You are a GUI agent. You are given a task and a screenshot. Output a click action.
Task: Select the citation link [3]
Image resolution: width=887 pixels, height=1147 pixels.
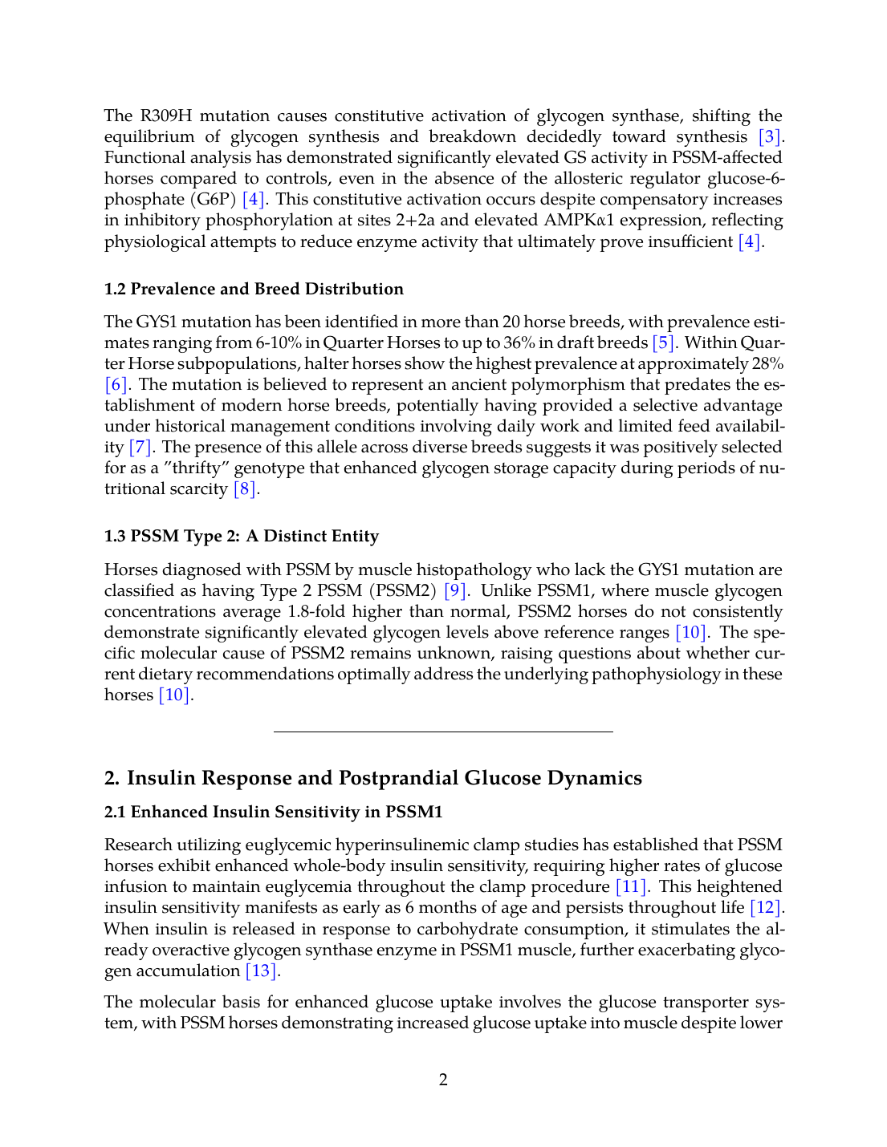tap(769, 137)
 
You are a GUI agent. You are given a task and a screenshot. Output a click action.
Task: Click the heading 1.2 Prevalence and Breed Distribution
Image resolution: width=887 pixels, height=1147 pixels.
tap(254, 290)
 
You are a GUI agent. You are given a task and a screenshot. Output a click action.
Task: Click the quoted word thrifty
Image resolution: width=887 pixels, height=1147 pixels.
tap(197, 468)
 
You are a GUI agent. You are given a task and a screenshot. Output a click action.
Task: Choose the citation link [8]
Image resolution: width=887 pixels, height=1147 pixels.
tap(245, 489)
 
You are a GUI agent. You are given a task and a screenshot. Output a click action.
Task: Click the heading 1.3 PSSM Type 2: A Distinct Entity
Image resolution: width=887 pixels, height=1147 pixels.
tap(242, 537)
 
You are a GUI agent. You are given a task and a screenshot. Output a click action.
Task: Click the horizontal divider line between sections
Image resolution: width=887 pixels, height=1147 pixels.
tap(443, 732)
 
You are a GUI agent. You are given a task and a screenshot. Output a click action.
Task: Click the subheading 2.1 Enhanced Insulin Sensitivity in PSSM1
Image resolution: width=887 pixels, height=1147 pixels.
tap(274, 813)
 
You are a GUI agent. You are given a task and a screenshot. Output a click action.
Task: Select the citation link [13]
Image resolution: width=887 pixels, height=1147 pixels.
tap(261, 971)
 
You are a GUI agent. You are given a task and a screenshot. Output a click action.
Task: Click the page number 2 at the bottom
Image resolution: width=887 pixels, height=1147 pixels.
tap(443, 1080)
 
